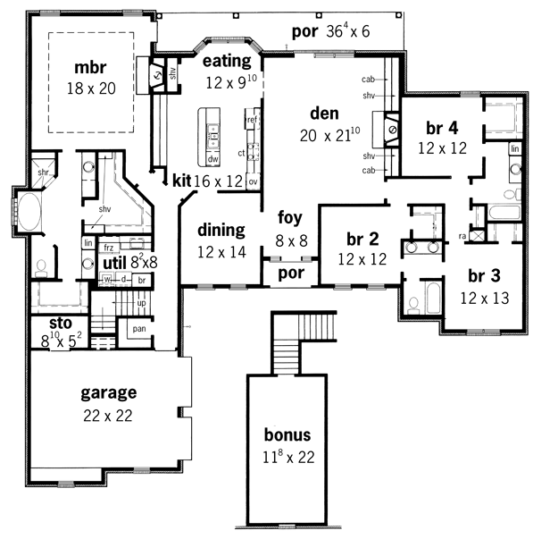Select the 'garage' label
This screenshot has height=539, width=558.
(108, 392)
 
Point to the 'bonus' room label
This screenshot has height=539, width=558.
(287, 435)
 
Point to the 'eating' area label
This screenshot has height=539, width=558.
(225, 61)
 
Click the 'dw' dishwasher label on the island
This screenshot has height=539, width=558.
(212, 159)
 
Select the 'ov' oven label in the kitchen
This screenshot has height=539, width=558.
(254, 181)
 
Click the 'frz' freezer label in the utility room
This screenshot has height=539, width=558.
(110, 246)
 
